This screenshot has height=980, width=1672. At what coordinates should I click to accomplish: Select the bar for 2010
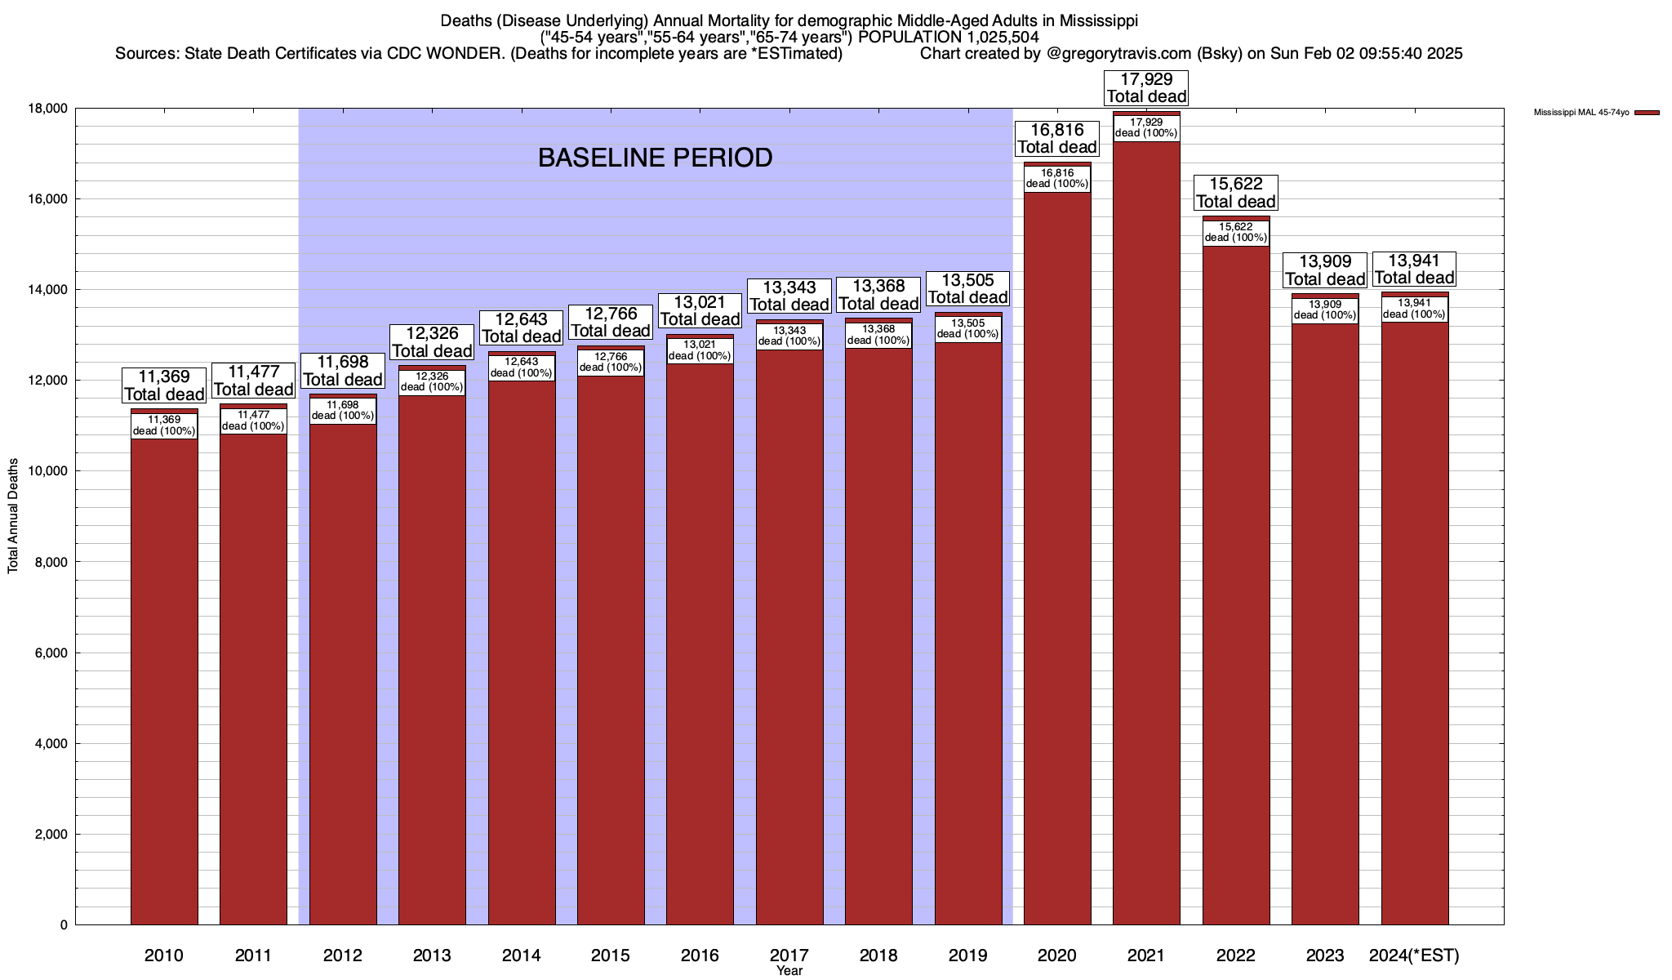(164, 678)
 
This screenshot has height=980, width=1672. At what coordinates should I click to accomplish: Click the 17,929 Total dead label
(1146, 88)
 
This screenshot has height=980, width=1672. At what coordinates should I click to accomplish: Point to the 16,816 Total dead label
(1057, 139)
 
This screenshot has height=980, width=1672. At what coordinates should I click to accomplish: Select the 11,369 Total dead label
(164, 385)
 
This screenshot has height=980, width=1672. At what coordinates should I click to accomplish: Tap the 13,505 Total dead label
(968, 289)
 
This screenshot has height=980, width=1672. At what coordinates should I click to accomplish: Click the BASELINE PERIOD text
(655, 158)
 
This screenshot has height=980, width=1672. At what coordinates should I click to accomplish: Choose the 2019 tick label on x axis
(968, 955)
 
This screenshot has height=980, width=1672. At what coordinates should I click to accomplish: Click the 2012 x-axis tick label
(343, 955)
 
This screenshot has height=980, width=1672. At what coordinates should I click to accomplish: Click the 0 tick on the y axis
(63, 925)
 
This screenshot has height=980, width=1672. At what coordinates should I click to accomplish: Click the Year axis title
(789, 971)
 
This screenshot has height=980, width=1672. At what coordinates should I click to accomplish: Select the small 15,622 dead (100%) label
(1236, 233)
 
